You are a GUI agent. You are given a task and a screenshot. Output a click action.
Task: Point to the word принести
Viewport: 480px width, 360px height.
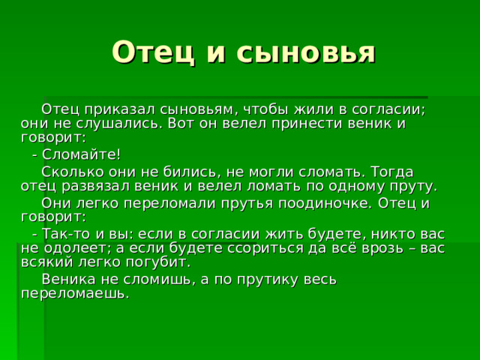point(279,124)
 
